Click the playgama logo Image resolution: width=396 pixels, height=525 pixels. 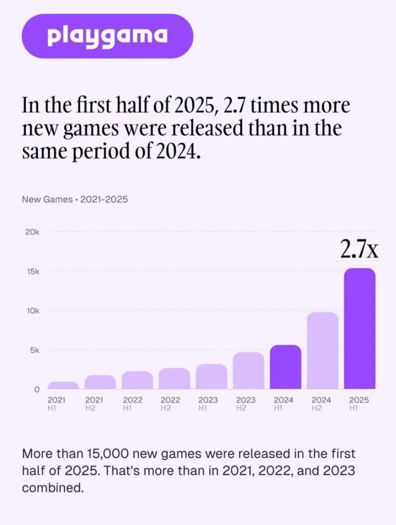tap(107, 36)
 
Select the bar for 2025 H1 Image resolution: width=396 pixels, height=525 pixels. tap(360, 328)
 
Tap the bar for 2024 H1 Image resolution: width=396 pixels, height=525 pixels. tap(286, 367)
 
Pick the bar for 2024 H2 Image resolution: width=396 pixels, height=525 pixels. tap(323, 350)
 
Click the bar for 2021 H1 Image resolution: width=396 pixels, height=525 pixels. tap(63, 385)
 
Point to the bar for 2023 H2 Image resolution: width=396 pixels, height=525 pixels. tap(248, 370)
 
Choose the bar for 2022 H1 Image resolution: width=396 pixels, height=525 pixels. tap(137, 380)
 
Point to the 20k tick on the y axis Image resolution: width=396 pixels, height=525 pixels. tap(32, 232)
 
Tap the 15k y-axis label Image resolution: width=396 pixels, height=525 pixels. tap(32, 272)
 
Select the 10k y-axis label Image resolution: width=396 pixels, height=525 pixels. tap(32, 311)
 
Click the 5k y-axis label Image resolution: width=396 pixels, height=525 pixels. tap(34, 350)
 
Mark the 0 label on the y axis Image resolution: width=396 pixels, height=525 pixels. tap(36, 389)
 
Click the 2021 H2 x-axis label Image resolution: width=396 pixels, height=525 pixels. tap(94, 404)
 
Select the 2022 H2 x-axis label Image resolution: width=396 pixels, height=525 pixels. tap(170, 404)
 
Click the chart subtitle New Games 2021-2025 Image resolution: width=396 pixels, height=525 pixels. tap(75, 200)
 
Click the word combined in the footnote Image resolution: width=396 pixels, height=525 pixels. tap(51, 488)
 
